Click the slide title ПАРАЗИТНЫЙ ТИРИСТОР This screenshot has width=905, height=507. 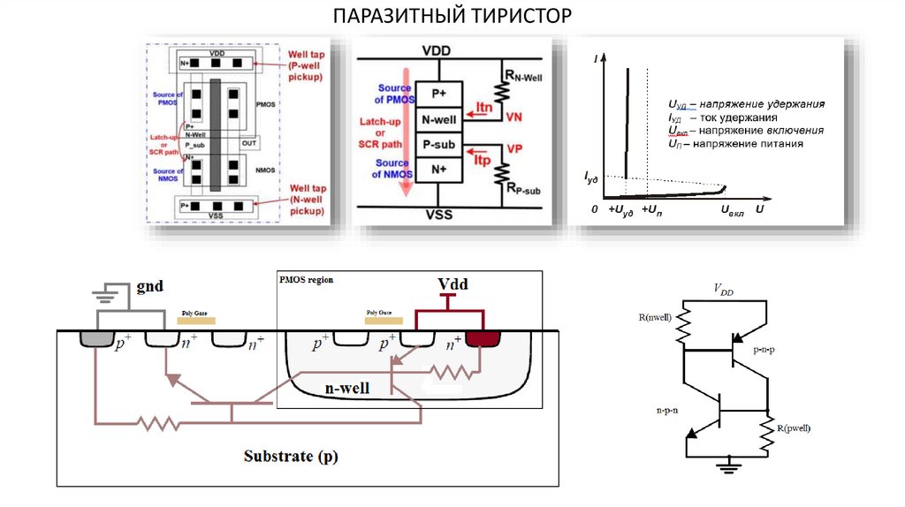(x=452, y=16)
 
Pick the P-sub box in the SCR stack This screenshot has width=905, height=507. (x=438, y=144)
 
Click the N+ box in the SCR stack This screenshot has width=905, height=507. (x=438, y=168)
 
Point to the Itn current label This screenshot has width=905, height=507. (x=483, y=108)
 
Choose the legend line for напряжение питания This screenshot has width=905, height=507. (x=735, y=143)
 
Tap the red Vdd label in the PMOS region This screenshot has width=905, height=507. (x=452, y=285)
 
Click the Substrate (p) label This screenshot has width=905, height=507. (x=291, y=457)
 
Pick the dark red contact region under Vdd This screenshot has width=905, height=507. (x=483, y=338)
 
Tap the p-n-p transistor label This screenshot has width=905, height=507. (x=767, y=351)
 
